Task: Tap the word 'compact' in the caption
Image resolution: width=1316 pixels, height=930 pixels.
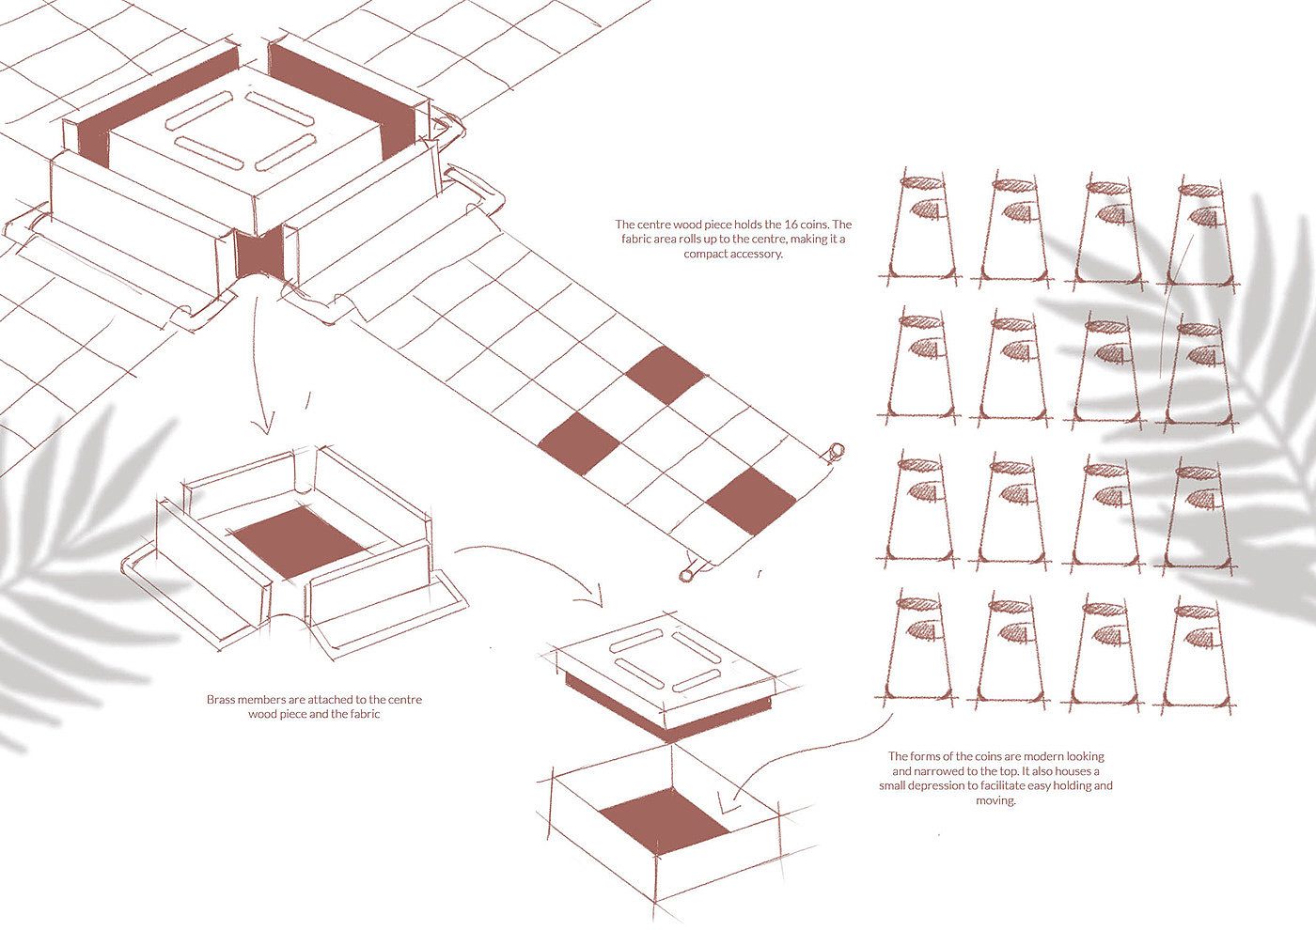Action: point(706,255)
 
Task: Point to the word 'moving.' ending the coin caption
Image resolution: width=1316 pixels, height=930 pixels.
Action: point(995,800)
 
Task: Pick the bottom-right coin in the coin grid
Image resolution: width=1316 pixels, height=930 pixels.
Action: point(1195,657)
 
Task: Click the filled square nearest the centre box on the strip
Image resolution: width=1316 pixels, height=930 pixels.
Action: point(666,375)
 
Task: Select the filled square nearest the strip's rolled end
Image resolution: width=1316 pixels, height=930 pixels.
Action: point(751,502)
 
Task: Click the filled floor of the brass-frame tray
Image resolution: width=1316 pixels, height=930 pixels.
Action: point(299,541)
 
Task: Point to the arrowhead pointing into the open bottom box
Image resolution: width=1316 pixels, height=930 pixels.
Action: point(728,802)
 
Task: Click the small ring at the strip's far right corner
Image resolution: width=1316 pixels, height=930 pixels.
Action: point(836,452)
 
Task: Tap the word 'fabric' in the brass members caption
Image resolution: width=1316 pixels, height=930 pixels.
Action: point(365,715)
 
